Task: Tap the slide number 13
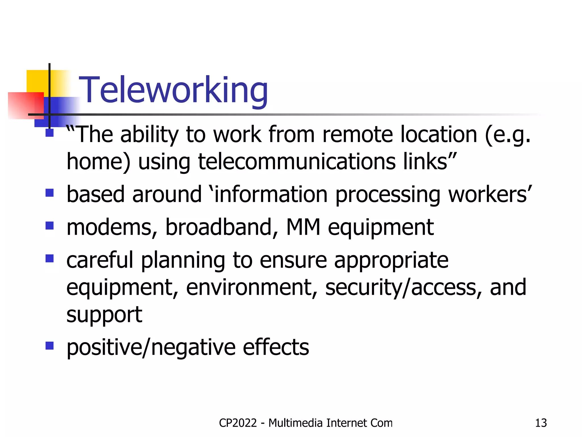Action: [x=541, y=423]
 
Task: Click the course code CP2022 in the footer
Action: [x=238, y=423]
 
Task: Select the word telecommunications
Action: [x=297, y=162]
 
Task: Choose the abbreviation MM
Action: [x=303, y=227]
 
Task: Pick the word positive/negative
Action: [x=151, y=347]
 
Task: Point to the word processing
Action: [x=388, y=195]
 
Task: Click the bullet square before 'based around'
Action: [x=50, y=193]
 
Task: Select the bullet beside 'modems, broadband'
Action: [x=50, y=226]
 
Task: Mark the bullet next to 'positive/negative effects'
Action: [x=50, y=346]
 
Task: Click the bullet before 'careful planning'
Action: [x=50, y=258]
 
